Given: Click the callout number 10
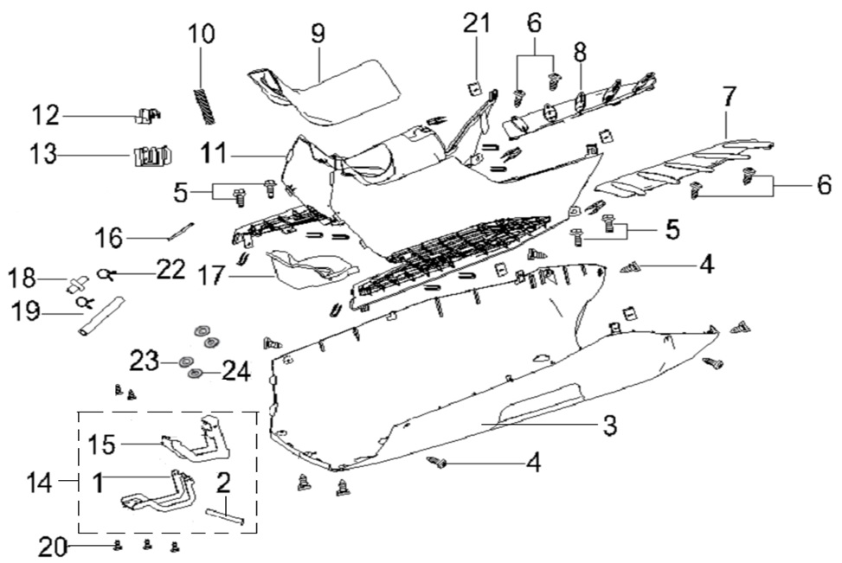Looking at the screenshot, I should click(x=202, y=37).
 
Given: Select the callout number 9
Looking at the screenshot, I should click(x=318, y=35).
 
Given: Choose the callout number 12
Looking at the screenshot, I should click(x=48, y=116).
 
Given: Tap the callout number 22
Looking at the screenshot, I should click(x=170, y=270).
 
